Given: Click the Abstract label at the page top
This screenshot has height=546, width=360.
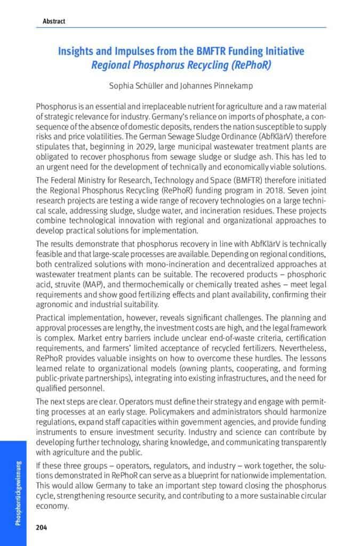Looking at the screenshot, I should click(x=54, y=21).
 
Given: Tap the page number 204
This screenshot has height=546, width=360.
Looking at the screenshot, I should click(x=42, y=527).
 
